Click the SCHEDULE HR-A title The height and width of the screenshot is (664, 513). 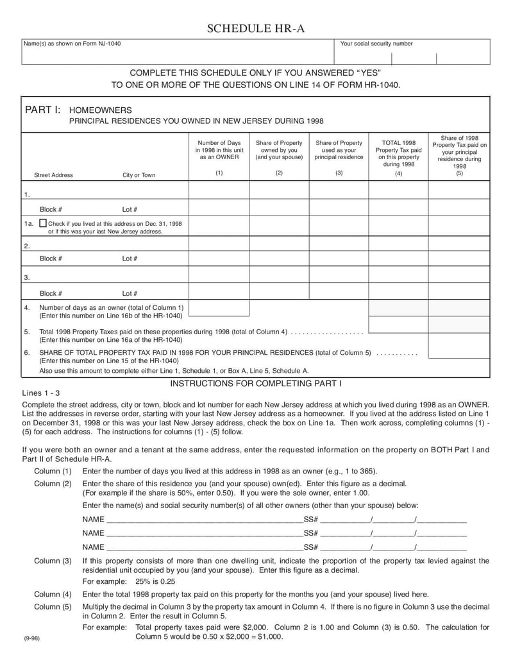point(256,28)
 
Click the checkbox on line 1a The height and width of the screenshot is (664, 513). point(43,223)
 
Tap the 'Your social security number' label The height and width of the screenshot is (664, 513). point(376,44)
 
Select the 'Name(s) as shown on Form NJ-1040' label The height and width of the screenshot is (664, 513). point(72,44)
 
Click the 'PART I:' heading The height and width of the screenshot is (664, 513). point(43,110)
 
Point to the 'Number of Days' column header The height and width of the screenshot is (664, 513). point(219,149)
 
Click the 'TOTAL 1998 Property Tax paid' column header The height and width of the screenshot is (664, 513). point(398,153)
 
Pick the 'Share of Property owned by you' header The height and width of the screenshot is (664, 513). point(279,149)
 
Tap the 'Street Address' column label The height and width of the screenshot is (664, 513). point(53,175)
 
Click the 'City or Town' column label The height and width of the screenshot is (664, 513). point(139,175)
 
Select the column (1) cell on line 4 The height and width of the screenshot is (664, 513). point(219,308)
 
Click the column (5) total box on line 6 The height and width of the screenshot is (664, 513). point(458,346)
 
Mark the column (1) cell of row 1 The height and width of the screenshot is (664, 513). point(219,191)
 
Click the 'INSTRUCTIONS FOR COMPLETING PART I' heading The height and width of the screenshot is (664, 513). point(256,383)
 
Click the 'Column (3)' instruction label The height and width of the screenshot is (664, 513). point(53,561)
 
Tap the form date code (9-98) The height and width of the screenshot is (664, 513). point(31,639)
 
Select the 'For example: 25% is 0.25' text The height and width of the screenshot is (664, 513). point(129,581)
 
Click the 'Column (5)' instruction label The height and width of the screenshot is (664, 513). point(53,607)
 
